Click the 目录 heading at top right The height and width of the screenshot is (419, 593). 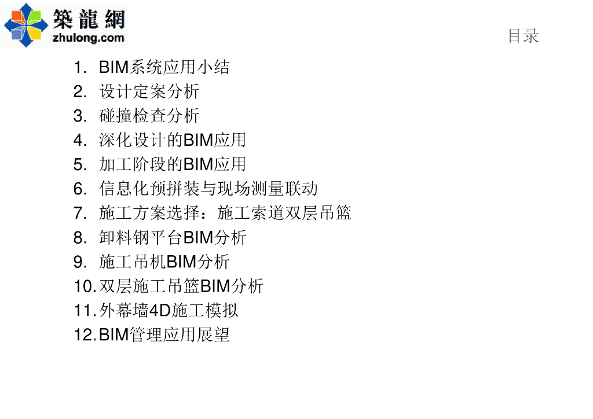point(523,36)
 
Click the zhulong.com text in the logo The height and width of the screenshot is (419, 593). point(88,38)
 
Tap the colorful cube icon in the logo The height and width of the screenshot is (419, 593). point(26,24)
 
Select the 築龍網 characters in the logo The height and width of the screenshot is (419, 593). point(89,19)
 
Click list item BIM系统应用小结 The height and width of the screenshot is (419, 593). point(164,67)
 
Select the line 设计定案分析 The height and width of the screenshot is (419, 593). point(149,91)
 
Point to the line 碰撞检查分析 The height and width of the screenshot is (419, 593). point(149,116)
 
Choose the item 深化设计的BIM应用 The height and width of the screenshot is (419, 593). point(173,140)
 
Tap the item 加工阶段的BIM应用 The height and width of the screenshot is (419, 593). point(173,164)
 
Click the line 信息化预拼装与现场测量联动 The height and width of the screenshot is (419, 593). point(208,189)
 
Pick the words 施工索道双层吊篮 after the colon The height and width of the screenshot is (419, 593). point(284,213)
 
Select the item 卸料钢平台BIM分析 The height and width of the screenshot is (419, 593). point(173,237)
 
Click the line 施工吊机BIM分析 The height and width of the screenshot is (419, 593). point(164,262)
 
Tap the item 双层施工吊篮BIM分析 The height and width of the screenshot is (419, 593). point(181,286)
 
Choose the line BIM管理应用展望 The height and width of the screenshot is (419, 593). point(164,335)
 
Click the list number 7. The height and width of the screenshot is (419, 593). point(80,213)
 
